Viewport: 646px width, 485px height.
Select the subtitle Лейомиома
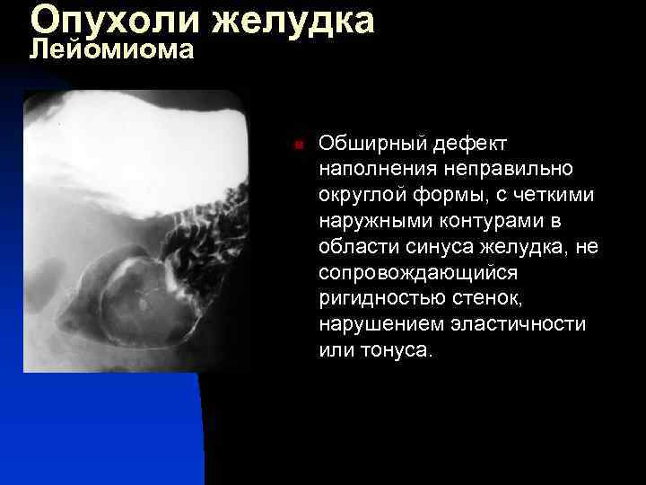[112, 49]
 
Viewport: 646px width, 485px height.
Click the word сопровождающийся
[411, 272]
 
